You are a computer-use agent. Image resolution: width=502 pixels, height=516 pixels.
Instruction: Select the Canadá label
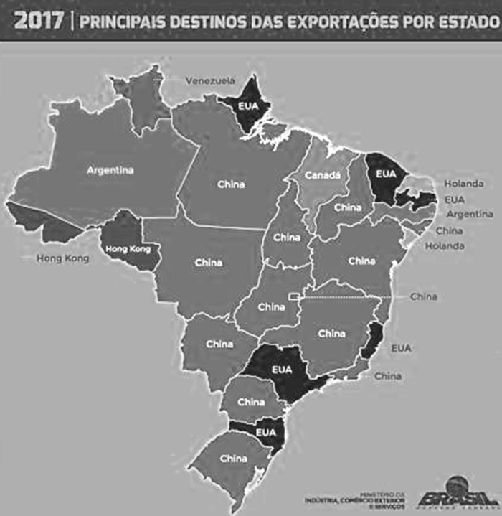click(320, 174)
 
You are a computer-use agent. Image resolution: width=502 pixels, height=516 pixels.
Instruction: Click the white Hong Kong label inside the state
click(126, 249)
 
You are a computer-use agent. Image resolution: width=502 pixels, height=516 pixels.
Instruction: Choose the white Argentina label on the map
click(110, 171)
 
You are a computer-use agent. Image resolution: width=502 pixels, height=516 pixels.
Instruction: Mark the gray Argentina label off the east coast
click(469, 214)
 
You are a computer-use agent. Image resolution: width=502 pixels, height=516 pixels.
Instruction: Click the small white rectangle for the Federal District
click(293, 296)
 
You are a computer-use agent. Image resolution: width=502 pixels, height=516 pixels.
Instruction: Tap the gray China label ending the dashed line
click(424, 296)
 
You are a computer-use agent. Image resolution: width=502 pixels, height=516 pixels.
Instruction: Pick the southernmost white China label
click(234, 459)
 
